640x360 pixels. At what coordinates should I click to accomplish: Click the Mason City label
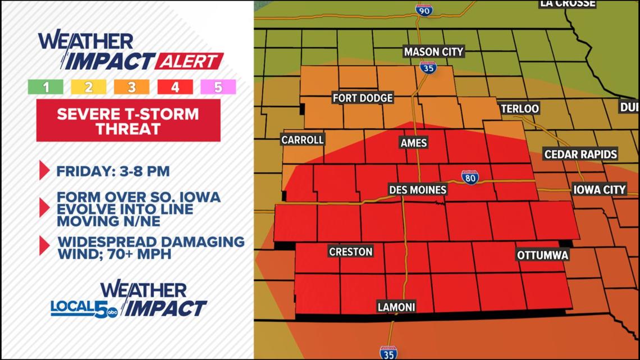(x=433, y=52)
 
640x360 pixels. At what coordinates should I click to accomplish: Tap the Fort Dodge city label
(x=363, y=98)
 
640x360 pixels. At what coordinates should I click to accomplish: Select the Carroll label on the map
(x=303, y=139)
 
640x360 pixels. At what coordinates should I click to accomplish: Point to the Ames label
(x=414, y=143)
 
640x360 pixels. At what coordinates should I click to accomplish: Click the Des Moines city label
(x=418, y=190)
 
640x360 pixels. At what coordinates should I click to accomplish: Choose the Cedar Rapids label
(x=580, y=154)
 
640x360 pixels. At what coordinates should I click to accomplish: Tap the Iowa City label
(x=599, y=189)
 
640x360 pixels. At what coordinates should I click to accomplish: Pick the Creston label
(x=351, y=252)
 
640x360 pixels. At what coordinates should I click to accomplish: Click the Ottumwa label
(x=543, y=255)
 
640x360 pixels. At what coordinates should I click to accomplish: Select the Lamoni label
(x=396, y=307)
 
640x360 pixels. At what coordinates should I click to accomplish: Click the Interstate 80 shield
(x=470, y=177)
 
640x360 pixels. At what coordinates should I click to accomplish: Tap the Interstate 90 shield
(x=424, y=10)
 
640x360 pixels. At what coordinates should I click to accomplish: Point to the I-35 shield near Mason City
(x=427, y=67)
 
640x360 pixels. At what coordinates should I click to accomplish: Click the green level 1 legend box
(x=45, y=87)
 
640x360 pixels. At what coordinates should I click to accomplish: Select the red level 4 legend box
(x=175, y=87)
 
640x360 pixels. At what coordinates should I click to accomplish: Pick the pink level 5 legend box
(x=218, y=87)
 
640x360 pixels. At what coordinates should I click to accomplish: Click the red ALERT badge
(x=189, y=61)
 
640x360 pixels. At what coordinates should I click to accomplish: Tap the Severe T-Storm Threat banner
(x=128, y=121)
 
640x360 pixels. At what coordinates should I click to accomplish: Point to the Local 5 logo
(x=84, y=308)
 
